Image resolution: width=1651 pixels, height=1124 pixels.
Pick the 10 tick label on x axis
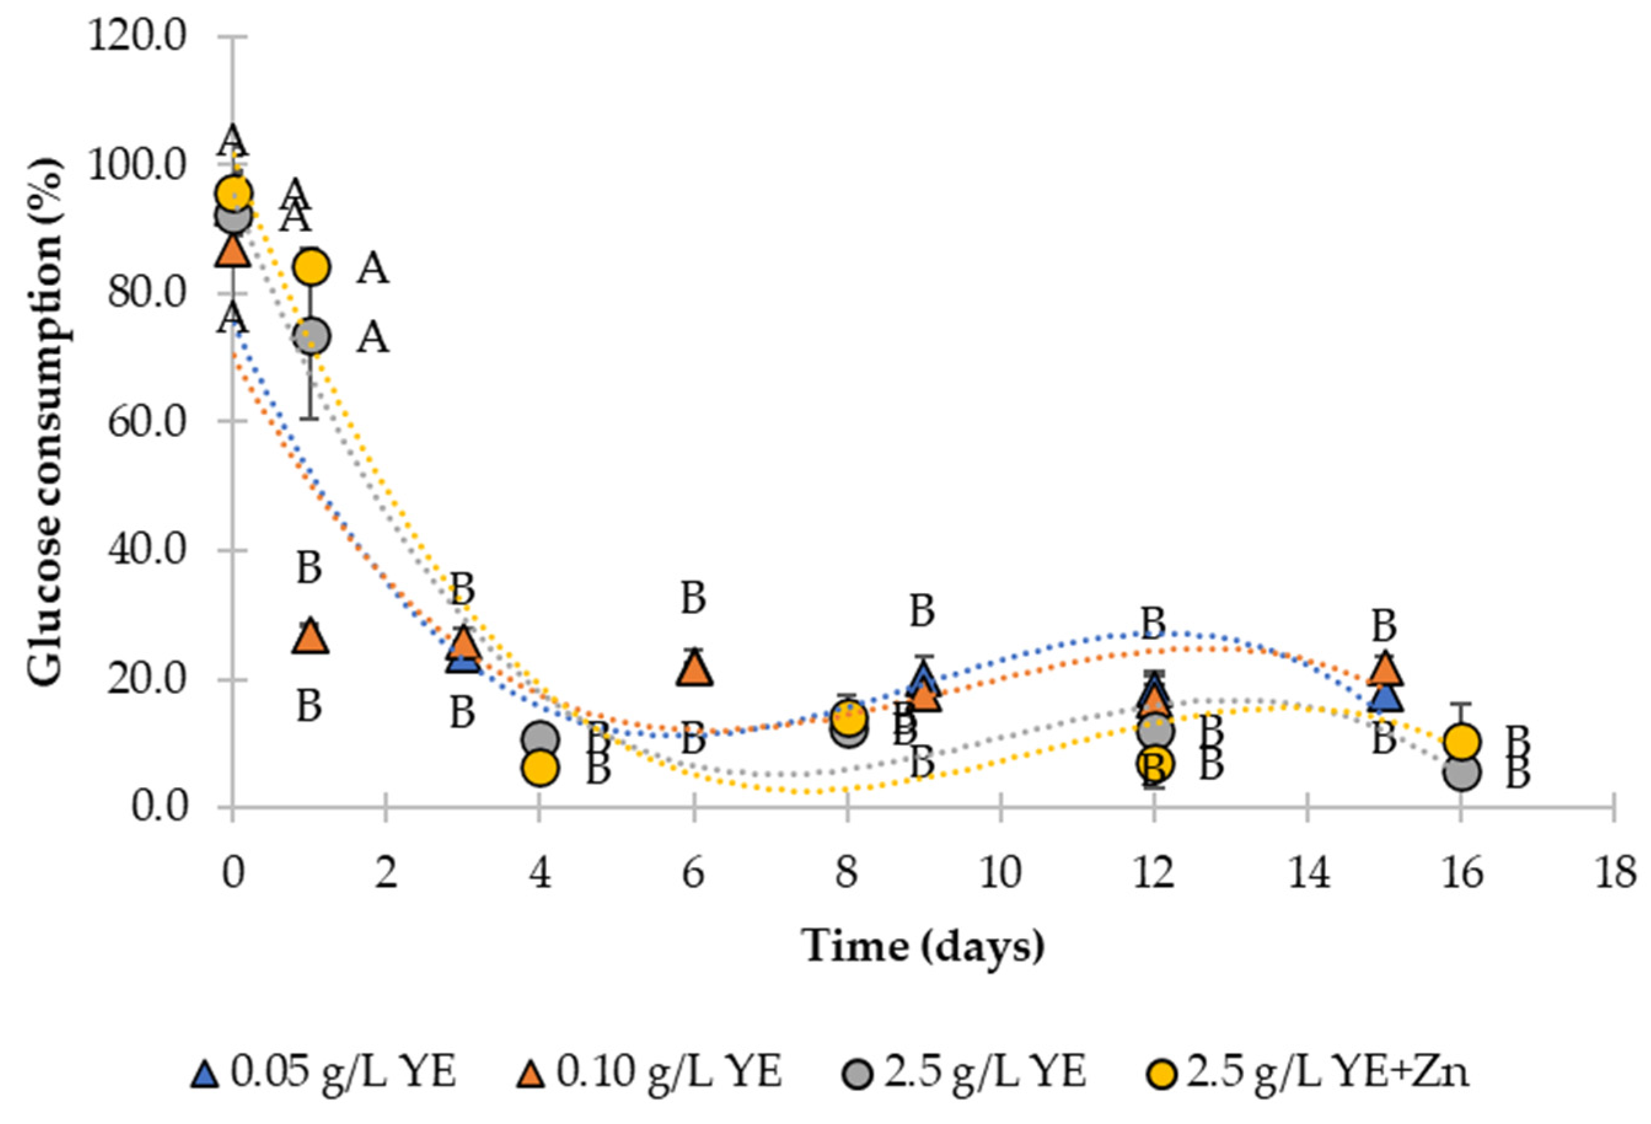[1000, 872]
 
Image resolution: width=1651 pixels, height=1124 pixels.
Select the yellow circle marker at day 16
[1461, 742]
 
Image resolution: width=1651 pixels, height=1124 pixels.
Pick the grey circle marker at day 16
[1461, 773]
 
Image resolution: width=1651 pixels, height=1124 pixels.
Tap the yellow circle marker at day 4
[540, 769]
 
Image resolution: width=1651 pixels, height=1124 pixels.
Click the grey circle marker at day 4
[540, 739]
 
